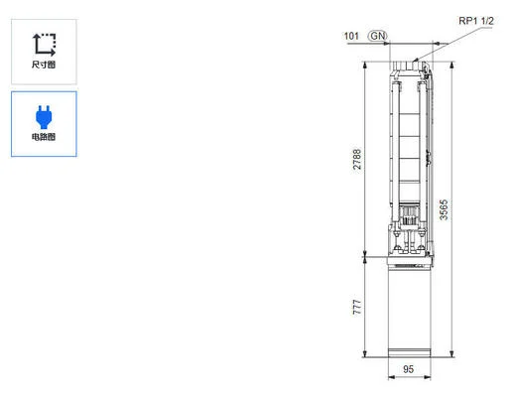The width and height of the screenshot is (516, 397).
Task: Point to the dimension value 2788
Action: click(358, 160)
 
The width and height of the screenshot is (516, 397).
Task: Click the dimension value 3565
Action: click(445, 211)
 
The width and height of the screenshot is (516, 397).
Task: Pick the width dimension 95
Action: click(408, 371)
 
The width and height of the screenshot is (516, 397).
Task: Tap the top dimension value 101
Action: click(350, 36)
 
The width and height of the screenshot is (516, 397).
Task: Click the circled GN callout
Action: click(378, 36)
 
